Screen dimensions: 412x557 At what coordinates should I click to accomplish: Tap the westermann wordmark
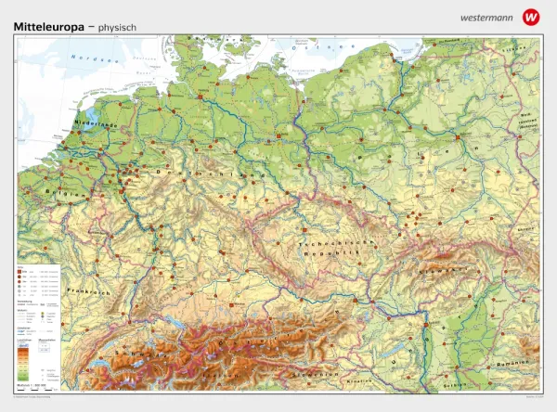click(x=483, y=17)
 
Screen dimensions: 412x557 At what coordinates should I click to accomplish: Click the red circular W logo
click(x=530, y=16)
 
